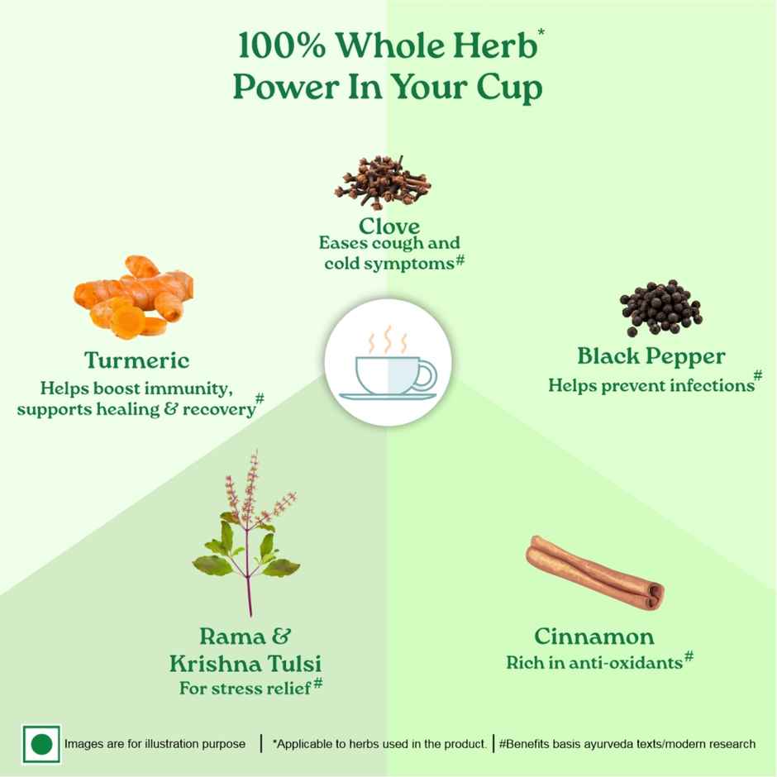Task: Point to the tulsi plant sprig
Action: coord(246,537)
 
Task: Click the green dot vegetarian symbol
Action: coord(41,744)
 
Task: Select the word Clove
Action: coord(389,226)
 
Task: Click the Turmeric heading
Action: coord(136,360)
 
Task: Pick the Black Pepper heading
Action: coord(651,356)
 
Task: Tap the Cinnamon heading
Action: coord(594,636)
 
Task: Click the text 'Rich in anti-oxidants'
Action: coord(594,662)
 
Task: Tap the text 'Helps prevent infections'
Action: coord(649,384)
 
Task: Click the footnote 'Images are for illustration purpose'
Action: coord(155,744)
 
